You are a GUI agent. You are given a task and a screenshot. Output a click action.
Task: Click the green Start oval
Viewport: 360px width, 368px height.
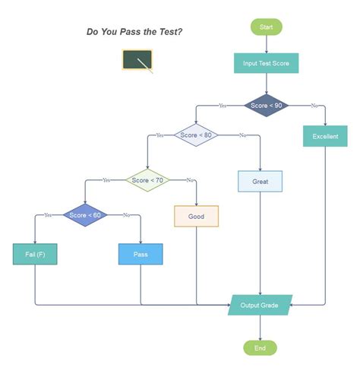coord(266,27)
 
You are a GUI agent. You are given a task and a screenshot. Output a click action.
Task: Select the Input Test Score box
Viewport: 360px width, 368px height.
coord(266,63)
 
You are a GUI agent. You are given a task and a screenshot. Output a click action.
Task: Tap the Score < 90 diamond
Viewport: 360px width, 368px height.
coord(267,106)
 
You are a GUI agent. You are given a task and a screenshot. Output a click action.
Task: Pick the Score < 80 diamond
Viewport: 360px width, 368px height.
coord(197,135)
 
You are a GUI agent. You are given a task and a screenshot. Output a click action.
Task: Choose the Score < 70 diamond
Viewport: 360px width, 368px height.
coord(147,180)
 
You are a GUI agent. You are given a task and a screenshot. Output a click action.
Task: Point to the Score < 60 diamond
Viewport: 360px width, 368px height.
coord(84,215)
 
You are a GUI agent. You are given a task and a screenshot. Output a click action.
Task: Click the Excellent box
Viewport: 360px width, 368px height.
coord(325,137)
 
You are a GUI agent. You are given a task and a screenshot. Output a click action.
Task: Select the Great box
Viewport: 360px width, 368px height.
coord(261,182)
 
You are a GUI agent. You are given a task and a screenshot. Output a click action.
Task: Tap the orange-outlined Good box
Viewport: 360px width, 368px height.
coord(196,216)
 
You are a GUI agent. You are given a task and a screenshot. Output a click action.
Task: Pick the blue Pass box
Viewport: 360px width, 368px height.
coord(141,254)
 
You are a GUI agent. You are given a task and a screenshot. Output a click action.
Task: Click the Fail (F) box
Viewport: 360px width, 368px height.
coord(35,254)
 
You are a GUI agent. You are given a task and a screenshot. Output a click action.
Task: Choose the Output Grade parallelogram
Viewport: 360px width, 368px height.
coord(260,306)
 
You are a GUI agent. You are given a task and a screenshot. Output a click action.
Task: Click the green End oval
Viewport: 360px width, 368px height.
coord(260,348)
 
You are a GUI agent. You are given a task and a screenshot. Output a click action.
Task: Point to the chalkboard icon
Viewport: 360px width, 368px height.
coord(137,61)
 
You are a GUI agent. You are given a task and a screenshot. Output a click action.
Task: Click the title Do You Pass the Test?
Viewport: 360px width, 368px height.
coord(134,32)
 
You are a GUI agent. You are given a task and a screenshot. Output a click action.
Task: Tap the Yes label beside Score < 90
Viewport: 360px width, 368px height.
coord(222,106)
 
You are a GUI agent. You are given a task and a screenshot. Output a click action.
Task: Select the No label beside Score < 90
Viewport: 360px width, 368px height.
coord(314,106)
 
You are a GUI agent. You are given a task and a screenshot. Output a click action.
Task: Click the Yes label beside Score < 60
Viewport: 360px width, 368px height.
coord(48,215)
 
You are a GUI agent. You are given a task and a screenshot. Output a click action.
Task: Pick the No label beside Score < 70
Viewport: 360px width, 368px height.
coord(190,180)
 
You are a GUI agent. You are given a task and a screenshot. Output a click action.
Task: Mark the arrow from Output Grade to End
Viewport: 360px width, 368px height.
coord(260,328)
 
